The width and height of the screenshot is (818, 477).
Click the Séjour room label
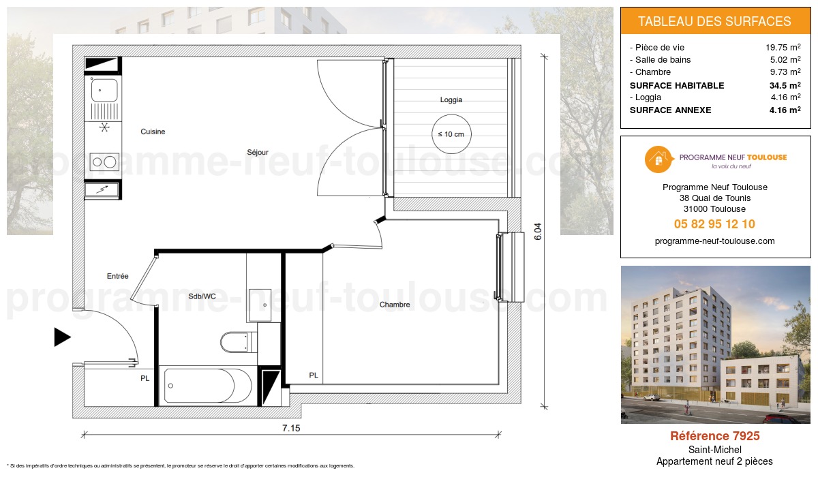click(258, 152)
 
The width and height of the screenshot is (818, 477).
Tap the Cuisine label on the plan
click(153, 132)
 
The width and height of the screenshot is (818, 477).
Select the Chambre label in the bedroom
click(395, 305)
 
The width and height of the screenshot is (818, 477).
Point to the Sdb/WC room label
click(202, 296)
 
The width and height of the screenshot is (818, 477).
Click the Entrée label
click(117, 276)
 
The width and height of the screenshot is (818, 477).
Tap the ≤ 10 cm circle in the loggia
click(451, 134)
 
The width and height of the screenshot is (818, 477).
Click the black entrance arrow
click(63, 337)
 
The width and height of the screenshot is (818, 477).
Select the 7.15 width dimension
click(292, 429)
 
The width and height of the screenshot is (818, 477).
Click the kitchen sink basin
click(104, 90)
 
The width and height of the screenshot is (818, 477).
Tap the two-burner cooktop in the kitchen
click(104, 161)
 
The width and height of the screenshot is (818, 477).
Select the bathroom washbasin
click(260, 305)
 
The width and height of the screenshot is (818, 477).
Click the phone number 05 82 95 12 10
click(714, 224)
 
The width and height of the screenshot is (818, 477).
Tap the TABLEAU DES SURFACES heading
click(714, 21)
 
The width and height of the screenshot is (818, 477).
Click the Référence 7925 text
click(714, 436)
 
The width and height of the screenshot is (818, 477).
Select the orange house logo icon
click(657, 159)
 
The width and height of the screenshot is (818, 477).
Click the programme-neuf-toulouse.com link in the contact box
click(714, 241)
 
